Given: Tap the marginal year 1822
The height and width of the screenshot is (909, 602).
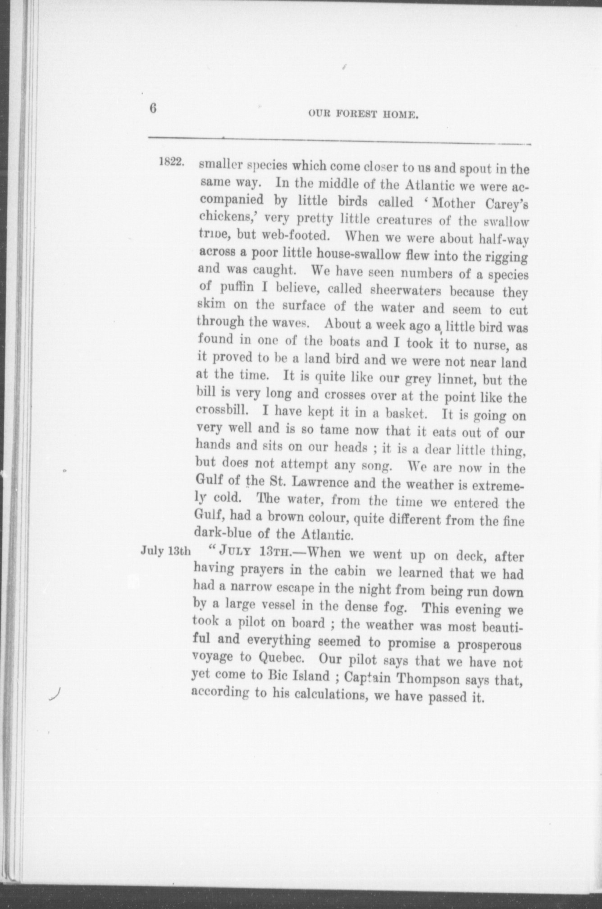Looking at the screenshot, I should click(172, 162).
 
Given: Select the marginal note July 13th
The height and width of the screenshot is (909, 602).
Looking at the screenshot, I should click(166, 551).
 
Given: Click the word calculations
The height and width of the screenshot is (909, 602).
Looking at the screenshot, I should click(333, 695).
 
